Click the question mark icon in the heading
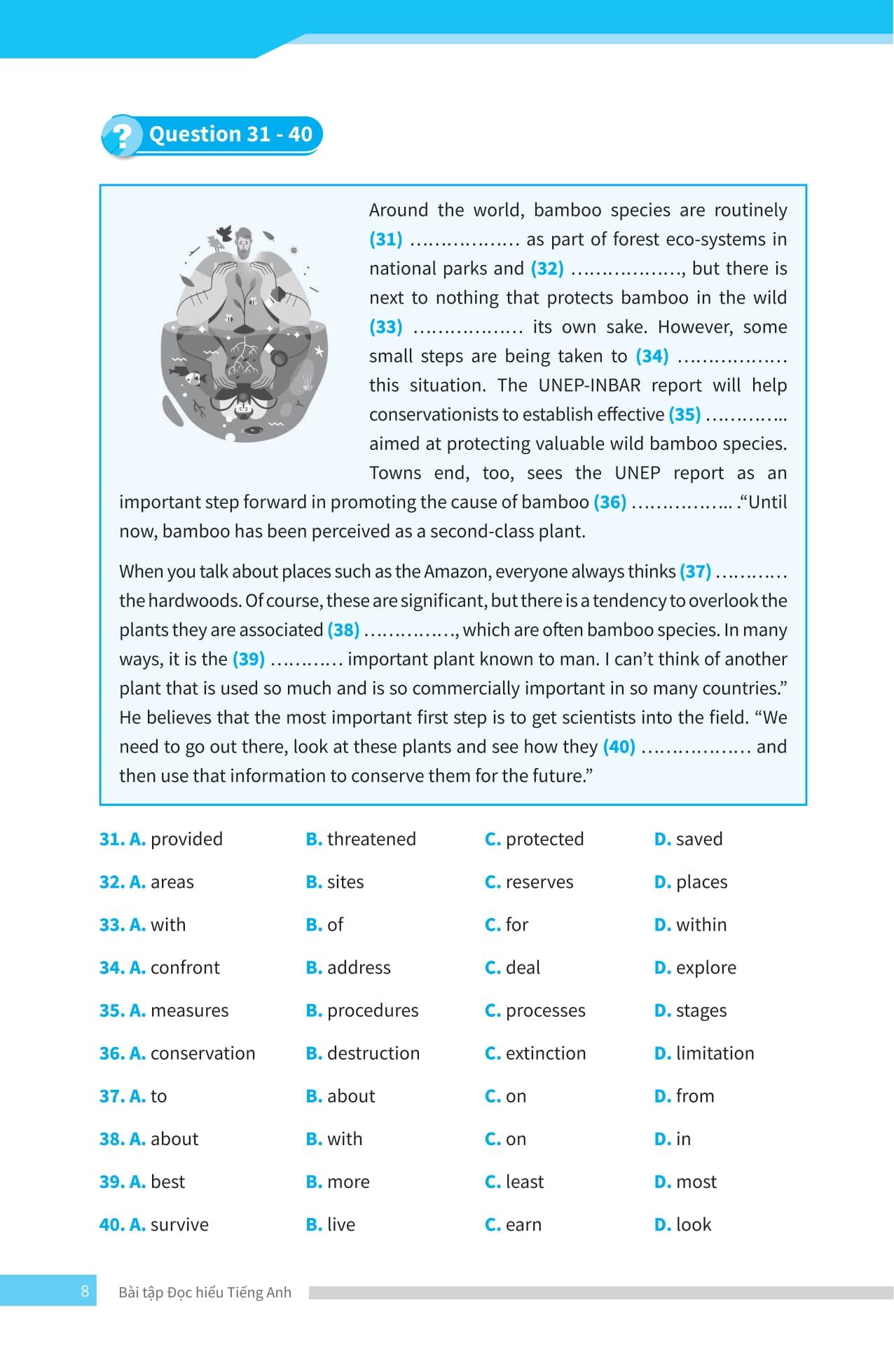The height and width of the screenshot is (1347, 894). [x=121, y=136]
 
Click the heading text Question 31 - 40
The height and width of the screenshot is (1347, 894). [x=231, y=134]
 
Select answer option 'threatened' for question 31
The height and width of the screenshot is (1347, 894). [x=371, y=839]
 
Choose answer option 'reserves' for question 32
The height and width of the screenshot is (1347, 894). [x=539, y=882]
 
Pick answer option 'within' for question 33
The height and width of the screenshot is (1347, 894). [x=701, y=924]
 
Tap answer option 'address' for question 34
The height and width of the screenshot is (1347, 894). [x=358, y=967]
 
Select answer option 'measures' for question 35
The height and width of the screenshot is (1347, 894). [x=189, y=1010]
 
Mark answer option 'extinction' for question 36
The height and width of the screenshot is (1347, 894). [x=545, y=1053]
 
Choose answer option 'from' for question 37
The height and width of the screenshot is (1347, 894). [x=694, y=1095]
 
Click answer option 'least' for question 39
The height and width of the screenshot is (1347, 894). [x=524, y=1182]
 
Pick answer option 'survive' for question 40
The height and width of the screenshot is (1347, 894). [x=179, y=1224]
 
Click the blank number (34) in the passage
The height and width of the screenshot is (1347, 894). [x=652, y=356]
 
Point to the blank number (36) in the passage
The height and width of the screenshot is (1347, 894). [x=610, y=502]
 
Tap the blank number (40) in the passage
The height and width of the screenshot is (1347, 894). [x=619, y=746]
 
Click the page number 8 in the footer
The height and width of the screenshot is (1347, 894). [x=85, y=1292]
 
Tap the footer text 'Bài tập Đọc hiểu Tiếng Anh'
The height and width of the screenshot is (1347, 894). [x=205, y=1292]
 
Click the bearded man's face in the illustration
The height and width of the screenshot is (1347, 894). [x=244, y=243]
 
